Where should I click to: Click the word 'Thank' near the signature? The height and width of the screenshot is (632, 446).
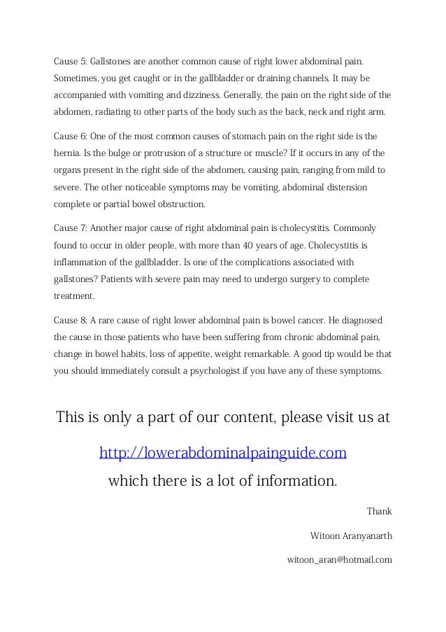[379, 512]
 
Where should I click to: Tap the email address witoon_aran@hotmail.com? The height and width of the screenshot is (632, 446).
[339, 560]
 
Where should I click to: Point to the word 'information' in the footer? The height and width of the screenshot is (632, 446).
[286, 482]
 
